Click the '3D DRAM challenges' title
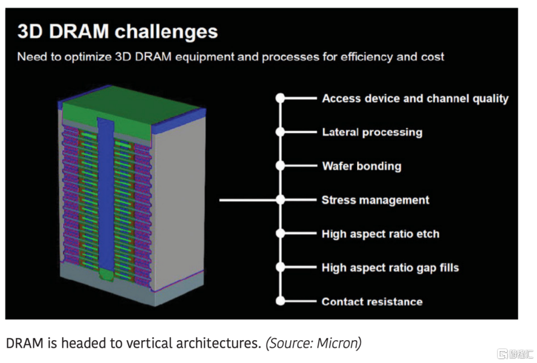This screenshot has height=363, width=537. [117, 32]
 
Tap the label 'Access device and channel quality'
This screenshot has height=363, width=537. [415, 98]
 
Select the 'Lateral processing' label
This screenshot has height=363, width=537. [372, 132]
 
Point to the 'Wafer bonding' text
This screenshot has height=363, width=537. [361, 166]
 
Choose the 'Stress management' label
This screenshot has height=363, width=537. [375, 200]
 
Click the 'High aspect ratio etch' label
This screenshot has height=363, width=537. [380, 234]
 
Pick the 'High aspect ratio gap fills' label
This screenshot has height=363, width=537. [390, 268]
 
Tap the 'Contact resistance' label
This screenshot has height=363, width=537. [372, 301]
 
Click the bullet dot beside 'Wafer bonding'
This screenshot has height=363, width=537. [280, 166]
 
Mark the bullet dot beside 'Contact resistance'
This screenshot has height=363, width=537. [280, 301]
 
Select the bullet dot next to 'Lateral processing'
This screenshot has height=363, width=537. [280, 132]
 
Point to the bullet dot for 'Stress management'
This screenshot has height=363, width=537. [280, 200]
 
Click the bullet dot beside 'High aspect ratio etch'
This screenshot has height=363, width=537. [280, 234]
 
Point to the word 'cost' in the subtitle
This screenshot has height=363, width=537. [433, 57]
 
